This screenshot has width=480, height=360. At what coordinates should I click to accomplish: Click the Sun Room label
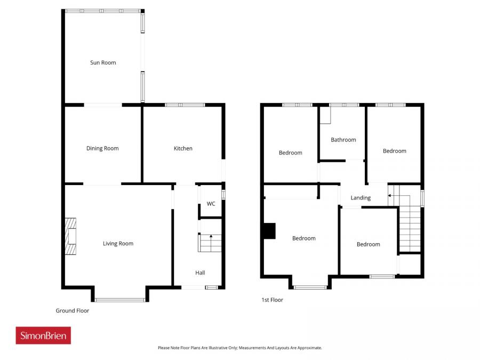pos(103,62)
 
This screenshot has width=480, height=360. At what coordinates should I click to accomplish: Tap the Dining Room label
pos(102,148)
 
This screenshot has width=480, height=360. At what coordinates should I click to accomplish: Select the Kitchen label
pos(183,148)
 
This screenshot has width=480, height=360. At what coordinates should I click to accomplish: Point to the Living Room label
pos(118,244)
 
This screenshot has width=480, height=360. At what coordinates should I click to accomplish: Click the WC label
pos(211,203)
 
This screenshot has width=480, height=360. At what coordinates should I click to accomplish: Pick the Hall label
pos(200,273)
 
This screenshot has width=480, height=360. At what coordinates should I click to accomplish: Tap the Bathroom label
pos(343,140)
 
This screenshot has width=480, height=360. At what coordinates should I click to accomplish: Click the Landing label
pos(361,198)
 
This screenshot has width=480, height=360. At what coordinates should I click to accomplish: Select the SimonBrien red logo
pos(43,335)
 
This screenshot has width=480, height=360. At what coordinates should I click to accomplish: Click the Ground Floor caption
pos(73,310)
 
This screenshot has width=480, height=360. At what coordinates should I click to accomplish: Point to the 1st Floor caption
pos(272,300)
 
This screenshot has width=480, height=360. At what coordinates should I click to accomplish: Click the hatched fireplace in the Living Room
pos(70,236)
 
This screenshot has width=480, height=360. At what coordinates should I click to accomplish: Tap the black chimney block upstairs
pos(269,231)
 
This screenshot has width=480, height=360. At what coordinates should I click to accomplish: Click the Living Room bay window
pos(120,300)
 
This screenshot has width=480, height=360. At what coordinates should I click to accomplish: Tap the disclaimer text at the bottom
pos(240,348)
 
